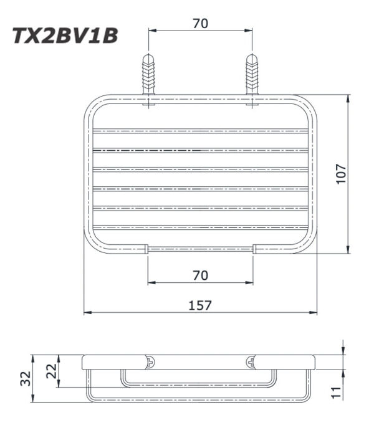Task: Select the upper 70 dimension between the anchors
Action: (199, 24)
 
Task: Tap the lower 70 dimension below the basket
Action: (199, 275)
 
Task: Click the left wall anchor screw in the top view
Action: (148, 75)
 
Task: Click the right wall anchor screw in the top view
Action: (252, 75)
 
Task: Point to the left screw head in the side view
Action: (150, 361)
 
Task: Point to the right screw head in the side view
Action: (251, 361)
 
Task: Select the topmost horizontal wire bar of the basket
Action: (199, 131)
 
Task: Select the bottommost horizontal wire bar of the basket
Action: (199, 227)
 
